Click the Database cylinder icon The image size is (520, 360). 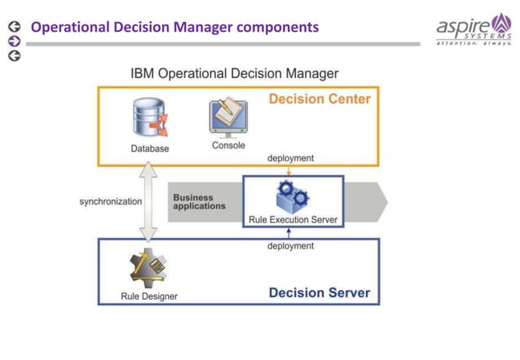(148, 119)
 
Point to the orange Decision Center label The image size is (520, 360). (319, 99)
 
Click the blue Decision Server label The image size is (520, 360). (319, 292)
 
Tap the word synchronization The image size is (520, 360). (110, 201)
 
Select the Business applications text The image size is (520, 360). (199, 202)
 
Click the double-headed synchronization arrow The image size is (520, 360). (148, 200)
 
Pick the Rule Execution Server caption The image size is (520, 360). (293, 220)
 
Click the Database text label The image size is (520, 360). (150, 148)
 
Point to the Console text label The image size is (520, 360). (228, 146)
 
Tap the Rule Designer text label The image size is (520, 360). (149, 296)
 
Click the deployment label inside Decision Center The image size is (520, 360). (290, 158)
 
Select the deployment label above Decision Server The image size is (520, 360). (290, 245)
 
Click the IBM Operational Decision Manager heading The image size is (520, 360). (235, 73)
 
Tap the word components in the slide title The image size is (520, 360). (278, 28)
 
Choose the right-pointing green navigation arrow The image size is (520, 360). (13, 42)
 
